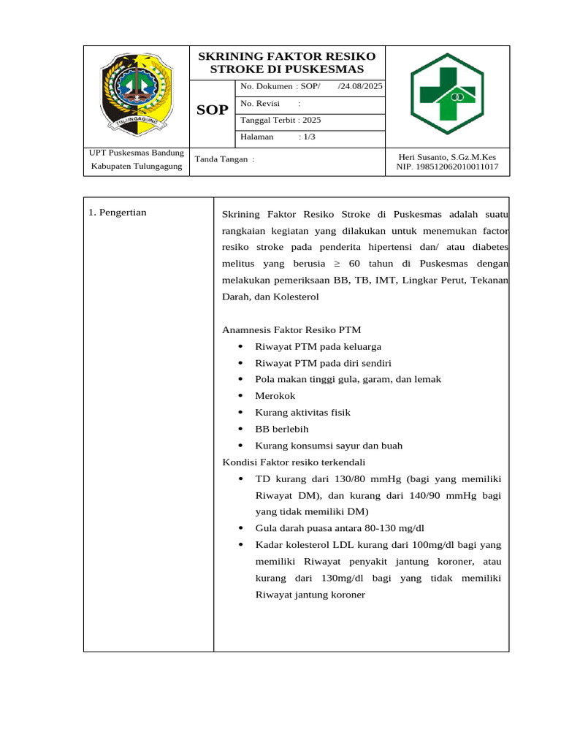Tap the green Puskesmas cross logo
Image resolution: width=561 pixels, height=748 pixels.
click(x=447, y=94)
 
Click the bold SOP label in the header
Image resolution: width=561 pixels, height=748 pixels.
click(x=212, y=110)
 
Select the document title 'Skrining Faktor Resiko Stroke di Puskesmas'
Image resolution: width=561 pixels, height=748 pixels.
click(x=287, y=63)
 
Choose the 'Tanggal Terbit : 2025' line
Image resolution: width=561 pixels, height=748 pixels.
click(x=280, y=121)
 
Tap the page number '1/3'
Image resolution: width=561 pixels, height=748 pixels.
click(x=308, y=137)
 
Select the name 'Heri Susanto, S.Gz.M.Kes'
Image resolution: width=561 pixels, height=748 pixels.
click(x=447, y=156)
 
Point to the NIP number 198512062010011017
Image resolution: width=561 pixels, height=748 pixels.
click(x=447, y=167)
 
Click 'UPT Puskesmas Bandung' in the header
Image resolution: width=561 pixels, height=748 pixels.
click(x=137, y=153)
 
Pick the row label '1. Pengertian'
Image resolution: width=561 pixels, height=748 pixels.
click(x=118, y=213)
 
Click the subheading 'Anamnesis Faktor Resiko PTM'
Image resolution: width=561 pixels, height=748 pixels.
click(x=291, y=330)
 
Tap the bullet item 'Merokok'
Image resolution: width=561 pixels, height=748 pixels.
click(x=275, y=396)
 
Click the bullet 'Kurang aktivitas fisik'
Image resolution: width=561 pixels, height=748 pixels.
click(x=302, y=413)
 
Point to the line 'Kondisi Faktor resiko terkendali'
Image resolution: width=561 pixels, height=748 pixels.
click(x=294, y=462)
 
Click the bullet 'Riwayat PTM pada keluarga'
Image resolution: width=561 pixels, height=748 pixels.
click(x=318, y=347)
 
